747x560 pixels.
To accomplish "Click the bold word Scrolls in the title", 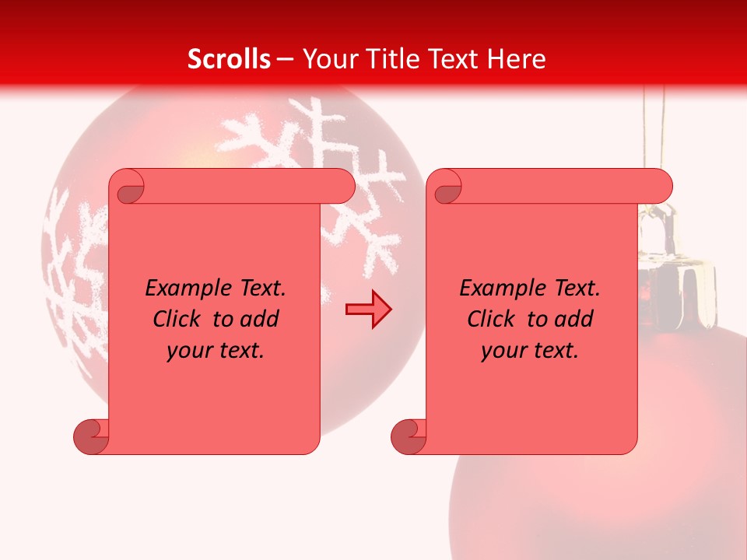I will coord(230,58).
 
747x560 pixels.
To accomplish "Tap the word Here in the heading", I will coord(517,58).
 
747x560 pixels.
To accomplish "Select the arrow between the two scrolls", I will coord(368,309).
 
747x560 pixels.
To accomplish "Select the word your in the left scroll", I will coord(188,351).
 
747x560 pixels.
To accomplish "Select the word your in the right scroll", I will coord(503,351).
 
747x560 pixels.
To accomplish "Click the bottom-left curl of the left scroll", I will coord(92,436).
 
